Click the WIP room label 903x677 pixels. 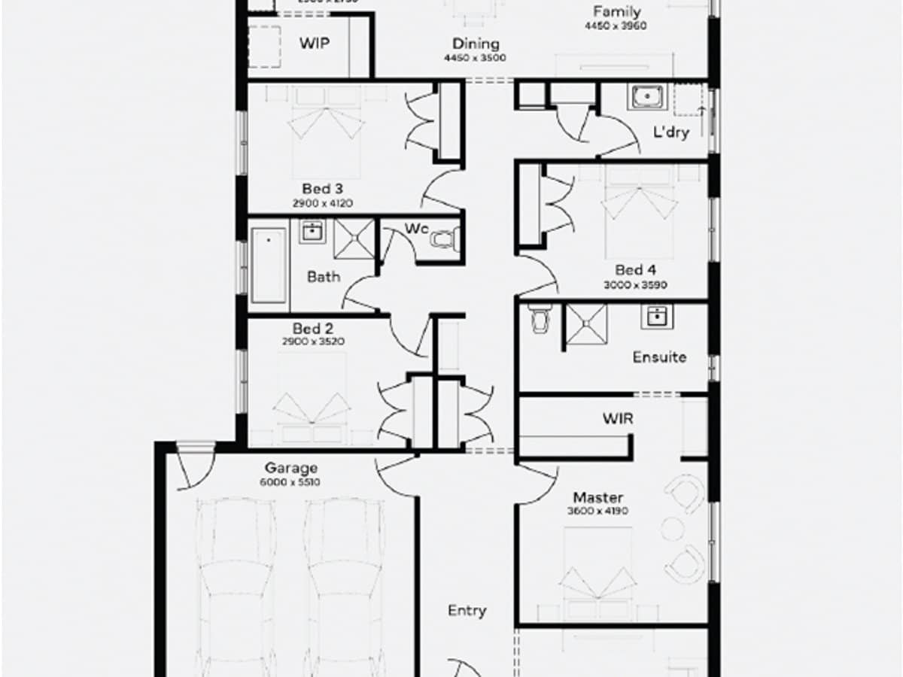[315, 43]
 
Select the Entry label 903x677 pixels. [467, 611]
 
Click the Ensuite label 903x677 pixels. [659, 357]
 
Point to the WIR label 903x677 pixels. [617, 418]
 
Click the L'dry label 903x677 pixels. [671, 133]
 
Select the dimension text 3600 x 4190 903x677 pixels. [597, 512]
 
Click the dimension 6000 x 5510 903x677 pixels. [290, 481]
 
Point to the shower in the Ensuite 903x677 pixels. [586, 323]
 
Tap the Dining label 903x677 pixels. [476, 44]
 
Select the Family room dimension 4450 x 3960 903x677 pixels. [616, 26]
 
